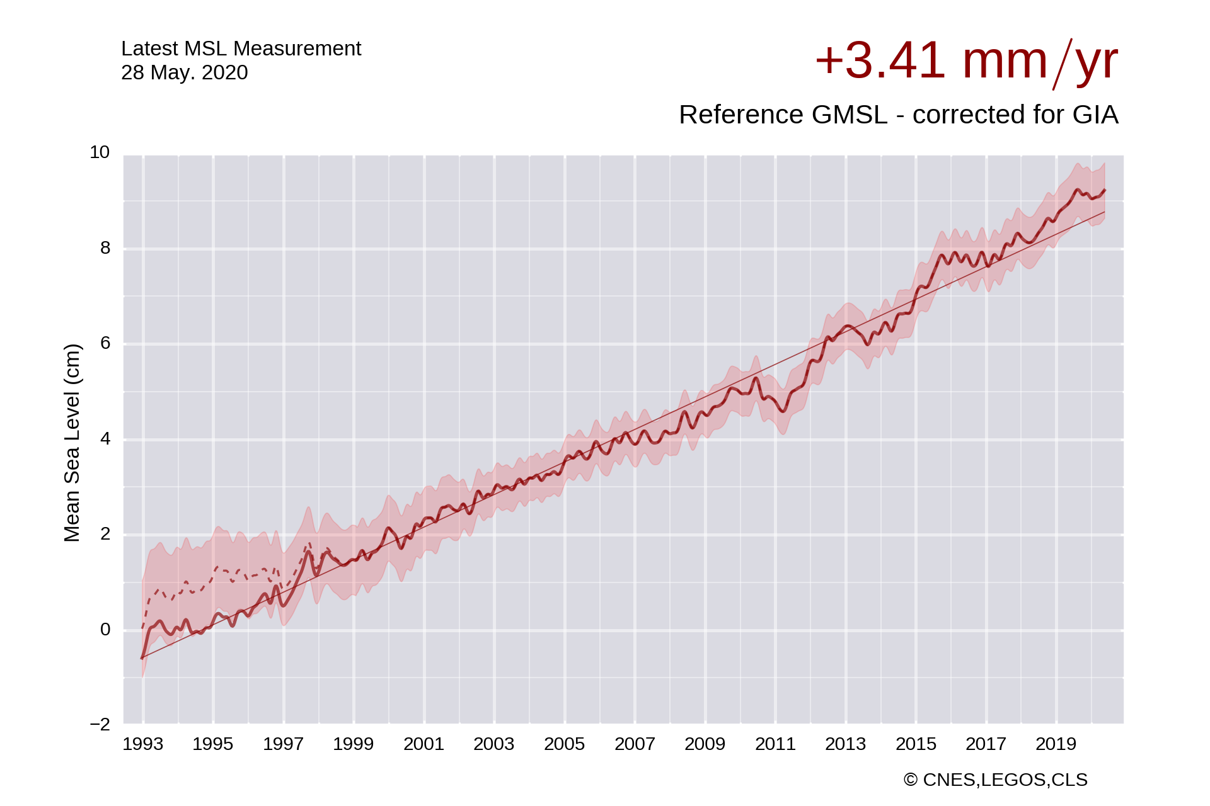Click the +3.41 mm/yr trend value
click(x=966, y=62)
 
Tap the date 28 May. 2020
click(x=184, y=73)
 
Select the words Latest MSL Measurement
click(x=241, y=48)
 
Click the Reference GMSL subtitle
click(x=898, y=115)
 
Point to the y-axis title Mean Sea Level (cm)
click(x=72, y=443)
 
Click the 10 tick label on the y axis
click(x=100, y=152)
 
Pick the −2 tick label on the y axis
click(x=100, y=724)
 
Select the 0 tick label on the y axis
click(x=105, y=629)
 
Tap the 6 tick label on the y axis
click(x=105, y=343)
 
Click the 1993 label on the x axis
click(x=142, y=744)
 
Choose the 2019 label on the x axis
click(x=1056, y=744)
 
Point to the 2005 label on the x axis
click(x=564, y=744)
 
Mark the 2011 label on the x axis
click(x=775, y=744)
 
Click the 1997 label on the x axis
click(x=283, y=744)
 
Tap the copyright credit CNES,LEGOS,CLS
click(x=995, y=780)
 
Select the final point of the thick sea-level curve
click(x=1105, y=190)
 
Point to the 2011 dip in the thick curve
click(x=783, y=411)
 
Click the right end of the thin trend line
click(x=1105, y=212)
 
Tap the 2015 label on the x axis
click(x=916, y=744)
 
